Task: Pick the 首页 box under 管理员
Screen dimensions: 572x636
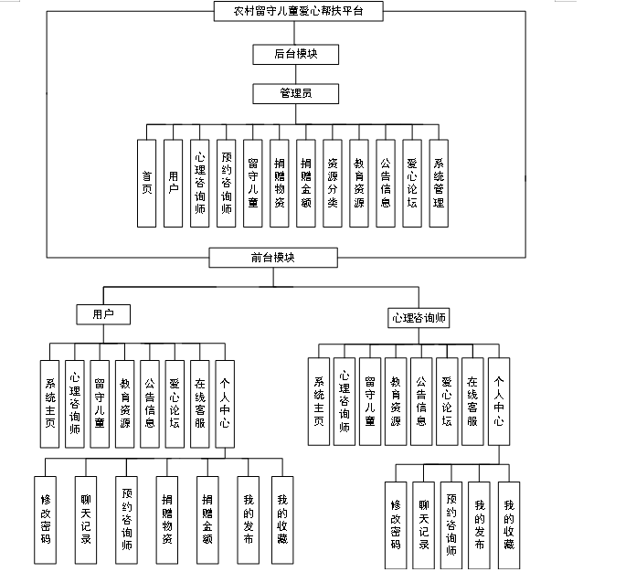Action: click(x=146, y=183)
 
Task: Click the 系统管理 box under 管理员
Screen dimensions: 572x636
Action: click(x=439, y=183)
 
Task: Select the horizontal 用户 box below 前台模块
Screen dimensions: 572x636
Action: click(x=102, y=313)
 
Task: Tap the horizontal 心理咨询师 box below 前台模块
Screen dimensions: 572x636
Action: click(x=419, y=318)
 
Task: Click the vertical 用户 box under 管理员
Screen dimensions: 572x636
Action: click(x=173, y=183)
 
